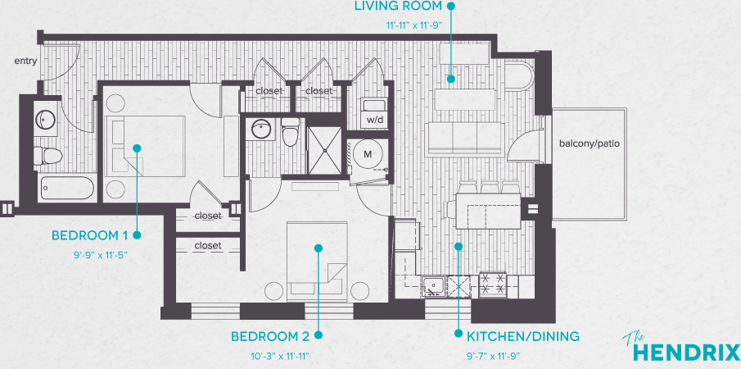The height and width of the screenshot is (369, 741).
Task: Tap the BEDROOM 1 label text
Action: pos(90,235)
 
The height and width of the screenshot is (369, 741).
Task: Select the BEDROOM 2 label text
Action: pos(270,336)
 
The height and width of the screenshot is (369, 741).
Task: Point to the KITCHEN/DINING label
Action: pos(523,336)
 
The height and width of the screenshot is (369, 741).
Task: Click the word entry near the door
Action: pos(25,61)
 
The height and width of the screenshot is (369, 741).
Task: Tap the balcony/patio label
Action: pos(589,143)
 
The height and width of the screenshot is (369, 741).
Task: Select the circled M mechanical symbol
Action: pos(368,154)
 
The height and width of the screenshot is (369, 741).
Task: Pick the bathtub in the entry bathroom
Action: pos(67,188)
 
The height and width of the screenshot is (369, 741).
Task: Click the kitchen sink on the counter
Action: pos(433,285)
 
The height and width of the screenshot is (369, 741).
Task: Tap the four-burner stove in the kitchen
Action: pos(493,285)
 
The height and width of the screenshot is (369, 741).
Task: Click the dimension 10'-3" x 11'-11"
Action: pos(281,355)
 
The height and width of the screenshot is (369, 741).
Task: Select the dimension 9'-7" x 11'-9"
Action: pos(495,355)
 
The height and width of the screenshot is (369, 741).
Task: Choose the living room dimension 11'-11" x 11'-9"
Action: pos(413,25)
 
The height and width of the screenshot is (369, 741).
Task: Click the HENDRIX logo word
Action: pos(686,353)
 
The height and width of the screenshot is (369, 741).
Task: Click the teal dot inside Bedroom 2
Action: pos(319,248)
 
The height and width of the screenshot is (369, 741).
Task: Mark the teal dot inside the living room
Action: pos(451,79)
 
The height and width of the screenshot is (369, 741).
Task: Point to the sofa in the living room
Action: pos(463,139)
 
